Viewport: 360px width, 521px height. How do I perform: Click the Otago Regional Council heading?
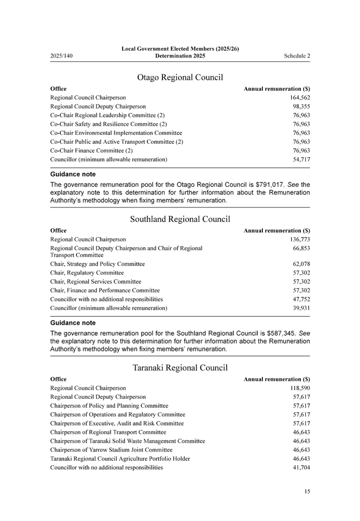click(x=180, y=78)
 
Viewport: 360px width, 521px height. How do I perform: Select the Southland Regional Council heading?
click(x=180, y=219)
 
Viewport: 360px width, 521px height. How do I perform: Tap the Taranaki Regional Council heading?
click(x=180, y=368)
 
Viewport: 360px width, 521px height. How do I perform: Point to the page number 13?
click(x=307, y=491)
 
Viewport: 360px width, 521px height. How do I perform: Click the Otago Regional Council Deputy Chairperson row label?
click(x=98, y=106)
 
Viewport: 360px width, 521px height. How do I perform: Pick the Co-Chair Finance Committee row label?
click(x=92, y=151)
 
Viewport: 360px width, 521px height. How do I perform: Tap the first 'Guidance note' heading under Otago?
click(x=73, y=175)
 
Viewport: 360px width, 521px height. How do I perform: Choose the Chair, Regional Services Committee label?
click(x=95, y=282)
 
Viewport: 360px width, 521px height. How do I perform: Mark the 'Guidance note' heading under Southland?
click(x=73, y=323)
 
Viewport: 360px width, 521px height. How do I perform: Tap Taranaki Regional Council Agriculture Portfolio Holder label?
click(x=120, y=459)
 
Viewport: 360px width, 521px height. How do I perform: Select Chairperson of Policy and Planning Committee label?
click(x=109, y=406)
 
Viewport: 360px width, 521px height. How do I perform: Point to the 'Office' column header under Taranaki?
click(x=59, y=379)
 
